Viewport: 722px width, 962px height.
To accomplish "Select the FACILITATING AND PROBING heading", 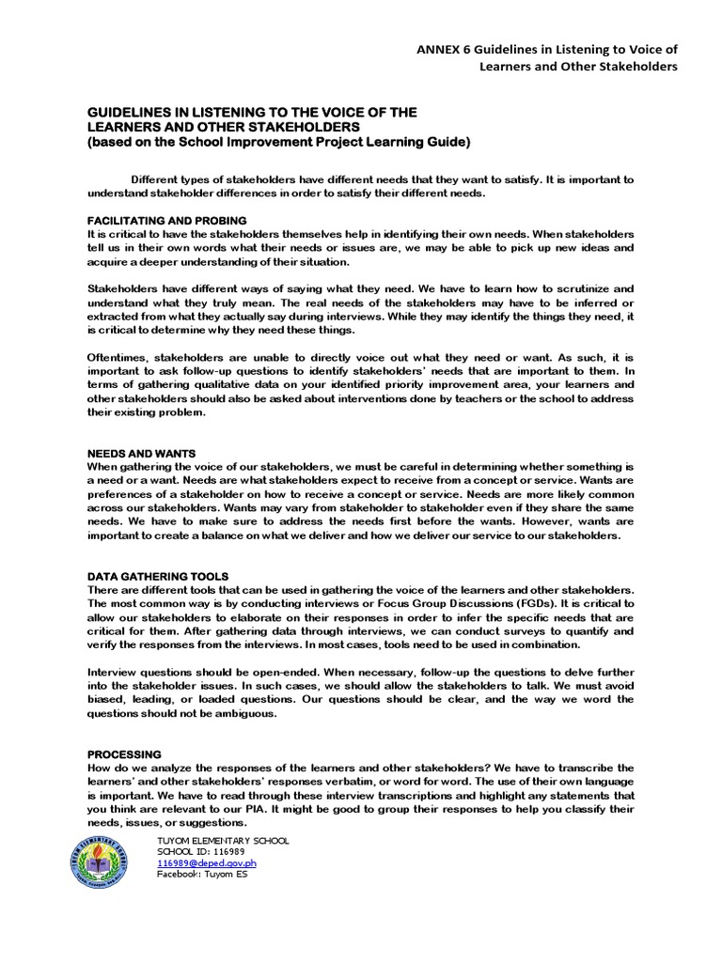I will click(166, 220).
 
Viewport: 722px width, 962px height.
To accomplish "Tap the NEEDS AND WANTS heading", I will click(141, 454).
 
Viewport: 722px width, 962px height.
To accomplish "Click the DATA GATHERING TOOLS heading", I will click(158, 576).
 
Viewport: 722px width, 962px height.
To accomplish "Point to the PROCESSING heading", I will click(124, 754).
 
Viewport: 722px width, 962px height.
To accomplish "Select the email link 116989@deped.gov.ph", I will click(206, 862).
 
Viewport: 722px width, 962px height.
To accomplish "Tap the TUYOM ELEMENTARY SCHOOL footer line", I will click(223, 840).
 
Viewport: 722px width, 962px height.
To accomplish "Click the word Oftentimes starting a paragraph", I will click(118, 358).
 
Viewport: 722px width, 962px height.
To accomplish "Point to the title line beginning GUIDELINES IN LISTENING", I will click(252, 112).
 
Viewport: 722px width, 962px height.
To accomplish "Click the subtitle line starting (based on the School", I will click(275, 141).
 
